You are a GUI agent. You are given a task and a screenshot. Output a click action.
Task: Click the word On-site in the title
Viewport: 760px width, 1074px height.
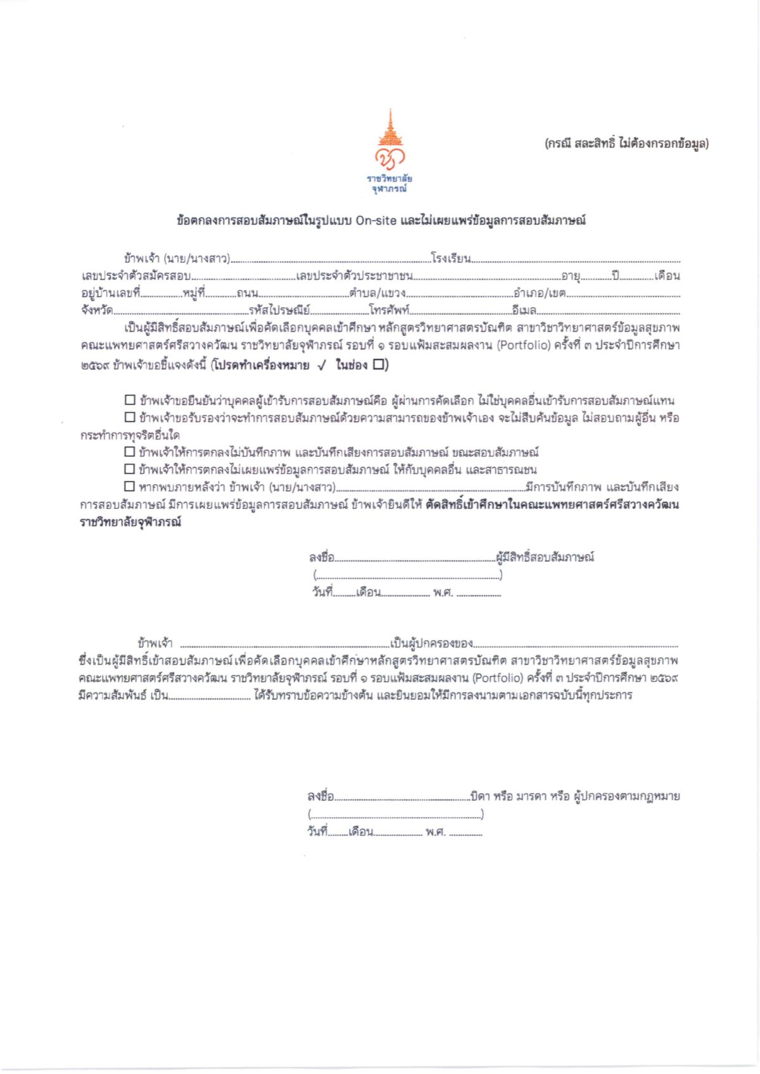click(x=376, y=221)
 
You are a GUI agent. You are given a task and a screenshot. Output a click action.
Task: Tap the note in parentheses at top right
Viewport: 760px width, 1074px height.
click(x=626, y=143)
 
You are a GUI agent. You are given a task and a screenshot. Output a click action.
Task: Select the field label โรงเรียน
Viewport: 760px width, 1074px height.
click(x=450, y=258)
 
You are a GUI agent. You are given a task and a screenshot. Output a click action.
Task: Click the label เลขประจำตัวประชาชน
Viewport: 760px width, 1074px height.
click(x=355, y=276)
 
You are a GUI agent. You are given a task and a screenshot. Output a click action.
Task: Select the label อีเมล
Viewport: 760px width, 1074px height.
click(x=524, y=310)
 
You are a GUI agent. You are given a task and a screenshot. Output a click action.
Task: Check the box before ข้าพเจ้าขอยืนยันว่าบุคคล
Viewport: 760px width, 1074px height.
click(x=130, y=400)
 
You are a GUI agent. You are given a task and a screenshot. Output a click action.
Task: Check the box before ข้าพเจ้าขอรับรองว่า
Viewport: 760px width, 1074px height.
click(x=130, y=418)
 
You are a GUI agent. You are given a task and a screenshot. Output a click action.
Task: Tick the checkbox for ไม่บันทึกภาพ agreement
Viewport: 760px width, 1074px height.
click(x=130, y=452)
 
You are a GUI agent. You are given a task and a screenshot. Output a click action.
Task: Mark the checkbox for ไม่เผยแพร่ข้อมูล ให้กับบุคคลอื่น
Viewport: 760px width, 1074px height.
click(x=130, y=469)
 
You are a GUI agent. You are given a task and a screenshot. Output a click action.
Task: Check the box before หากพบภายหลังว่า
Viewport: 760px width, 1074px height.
click(x=130, y=486)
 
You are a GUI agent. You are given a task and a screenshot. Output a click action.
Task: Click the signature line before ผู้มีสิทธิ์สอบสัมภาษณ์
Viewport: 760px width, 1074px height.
click(x=415, y=559)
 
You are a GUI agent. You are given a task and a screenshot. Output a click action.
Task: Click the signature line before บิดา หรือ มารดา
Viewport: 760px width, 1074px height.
click(x=402, y=798)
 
